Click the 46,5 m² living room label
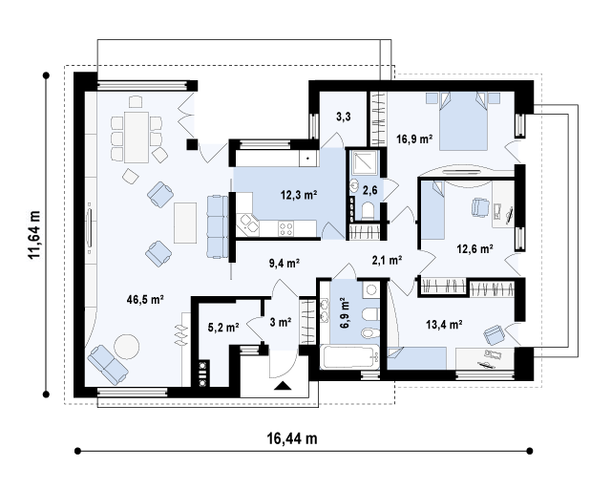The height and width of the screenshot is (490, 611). click(x=145, y=299)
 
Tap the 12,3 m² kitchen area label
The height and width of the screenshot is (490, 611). click(x=299, y=195)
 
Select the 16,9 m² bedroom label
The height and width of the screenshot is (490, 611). click(x=414, y=138)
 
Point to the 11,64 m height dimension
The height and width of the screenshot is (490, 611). click(x=34, y=234)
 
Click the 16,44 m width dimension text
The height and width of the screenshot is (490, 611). click(x=292, y=438)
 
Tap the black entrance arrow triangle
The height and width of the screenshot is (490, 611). click(x=283, y=386)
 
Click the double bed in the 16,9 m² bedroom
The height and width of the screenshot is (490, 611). click(x=463, y=121)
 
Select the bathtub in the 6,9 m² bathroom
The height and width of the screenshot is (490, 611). click(x=349, y=356)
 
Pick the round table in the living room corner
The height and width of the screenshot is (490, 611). click(x=126, y=347)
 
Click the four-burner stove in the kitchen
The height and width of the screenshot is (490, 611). click(x=286, y=228)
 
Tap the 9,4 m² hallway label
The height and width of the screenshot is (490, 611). click(x=284, y=264)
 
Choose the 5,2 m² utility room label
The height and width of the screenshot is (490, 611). click(x=223, y=328)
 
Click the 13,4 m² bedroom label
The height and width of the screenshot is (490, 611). click(x=444, y=324)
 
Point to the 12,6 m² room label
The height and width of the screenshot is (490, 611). click(x=475, y=248)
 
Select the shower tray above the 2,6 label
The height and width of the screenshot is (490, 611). click(x=365, y=162)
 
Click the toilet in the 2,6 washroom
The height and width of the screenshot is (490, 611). click(x=368, y=211)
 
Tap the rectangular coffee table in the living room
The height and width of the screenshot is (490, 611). click(x=185, y=223)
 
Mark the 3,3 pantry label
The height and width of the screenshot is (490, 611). click(x=344, y=117)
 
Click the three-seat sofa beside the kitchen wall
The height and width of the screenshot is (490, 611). click(x=217, y=226)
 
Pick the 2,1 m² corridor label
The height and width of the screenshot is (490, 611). click(x=387, y=260)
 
